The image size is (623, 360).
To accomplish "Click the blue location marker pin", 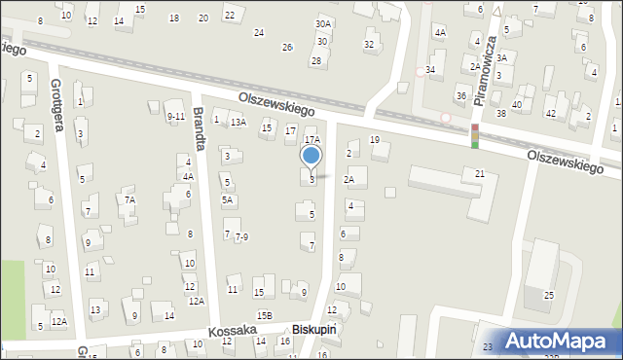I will pos(311,156).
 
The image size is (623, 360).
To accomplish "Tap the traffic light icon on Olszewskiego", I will pos(475,135).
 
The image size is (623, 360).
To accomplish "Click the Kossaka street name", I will pos(232,331).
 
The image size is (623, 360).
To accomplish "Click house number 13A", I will pos(238,123).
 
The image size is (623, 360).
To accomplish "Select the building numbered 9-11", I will pos(175,117).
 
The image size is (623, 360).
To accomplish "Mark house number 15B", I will pos(264,315).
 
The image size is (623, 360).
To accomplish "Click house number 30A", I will pos(323,23).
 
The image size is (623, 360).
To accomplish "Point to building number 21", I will pos(480,173).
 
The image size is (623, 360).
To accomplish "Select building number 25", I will pos(549,295).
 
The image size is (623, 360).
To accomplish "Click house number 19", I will pos(375,141).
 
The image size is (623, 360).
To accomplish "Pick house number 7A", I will pos(128,199).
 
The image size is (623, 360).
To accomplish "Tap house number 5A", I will pos(227,200).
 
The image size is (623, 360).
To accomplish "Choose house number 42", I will pos(550,114).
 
